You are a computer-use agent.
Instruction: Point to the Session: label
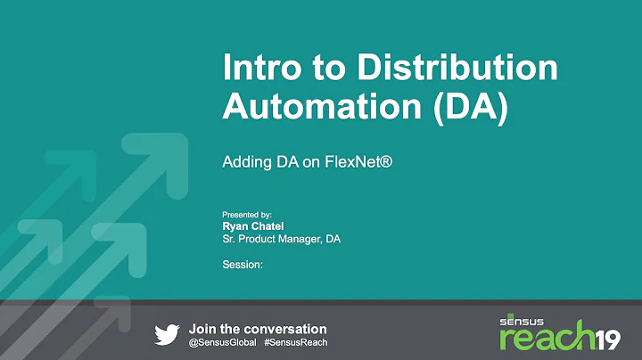(x=242, y=264)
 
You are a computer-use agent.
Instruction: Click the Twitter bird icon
(x=167, y=334)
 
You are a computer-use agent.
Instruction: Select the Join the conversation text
(x=258, y=329)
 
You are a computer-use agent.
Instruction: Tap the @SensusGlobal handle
(x=223, y=342)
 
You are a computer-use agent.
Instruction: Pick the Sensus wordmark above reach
(x=525, y=318)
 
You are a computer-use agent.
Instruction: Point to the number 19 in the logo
(x=609, y=336)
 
